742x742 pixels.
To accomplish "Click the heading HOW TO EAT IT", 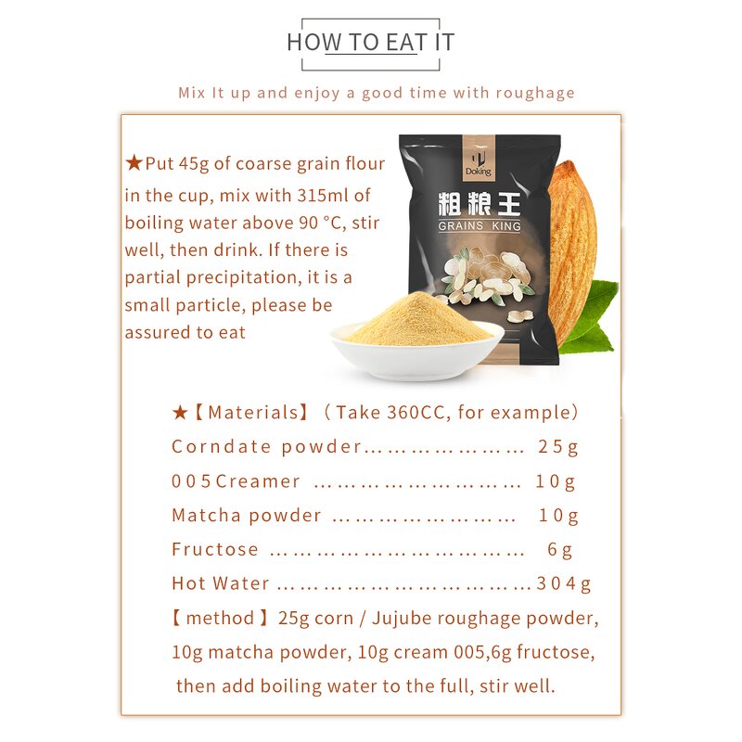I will [x=370, y=42].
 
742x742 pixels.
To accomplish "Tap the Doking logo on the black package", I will [x=480, y=160].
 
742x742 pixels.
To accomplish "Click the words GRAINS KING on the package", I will [x=480, y=225].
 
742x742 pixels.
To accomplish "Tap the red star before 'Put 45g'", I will [x=134, y=164].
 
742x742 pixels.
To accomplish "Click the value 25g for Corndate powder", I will [x=558, y=447].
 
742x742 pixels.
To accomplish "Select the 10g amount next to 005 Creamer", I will [x=556, y=481].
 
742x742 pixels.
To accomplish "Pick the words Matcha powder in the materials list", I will [x=247, y=515].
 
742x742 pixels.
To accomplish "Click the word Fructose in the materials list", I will [x=215, y=549].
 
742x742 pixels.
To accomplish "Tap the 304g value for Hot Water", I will [x=564, y=583].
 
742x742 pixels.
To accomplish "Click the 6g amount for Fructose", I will [x=559, y=549].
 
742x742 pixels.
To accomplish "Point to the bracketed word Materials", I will [x=250, y=413].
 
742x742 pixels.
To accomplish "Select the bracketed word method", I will [x=220, y=618].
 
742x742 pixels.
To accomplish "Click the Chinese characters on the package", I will [x=480, y=202].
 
